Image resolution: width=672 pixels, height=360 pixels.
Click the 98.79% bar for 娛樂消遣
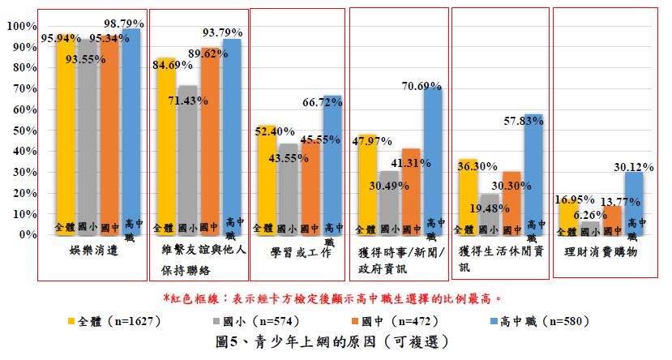tap(131, 130)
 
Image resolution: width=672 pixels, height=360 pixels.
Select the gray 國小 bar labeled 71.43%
tap(187, 162)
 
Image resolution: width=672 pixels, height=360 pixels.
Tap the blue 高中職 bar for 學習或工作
tap(332, 162)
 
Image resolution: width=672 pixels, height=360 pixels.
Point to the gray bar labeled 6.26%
tap(591, 228)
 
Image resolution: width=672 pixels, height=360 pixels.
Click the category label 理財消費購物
tap(604, 252)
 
